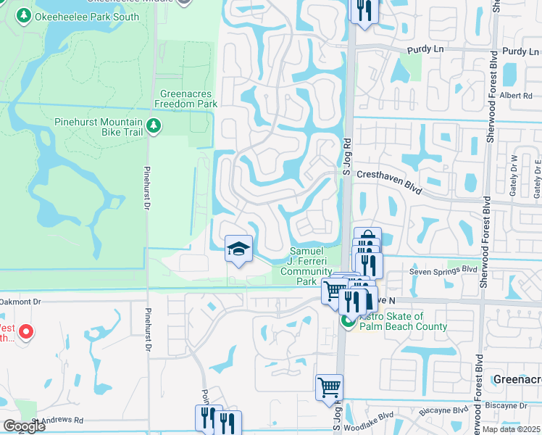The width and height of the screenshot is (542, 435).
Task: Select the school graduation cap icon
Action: (x=238, y=249)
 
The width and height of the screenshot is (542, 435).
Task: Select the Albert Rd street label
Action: (x=516, y=95)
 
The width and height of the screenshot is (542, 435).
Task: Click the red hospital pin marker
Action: (x=26, y=332)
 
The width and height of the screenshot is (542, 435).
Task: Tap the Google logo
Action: (x=23, y=426)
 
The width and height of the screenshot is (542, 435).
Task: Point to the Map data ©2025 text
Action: (x=511, y=429)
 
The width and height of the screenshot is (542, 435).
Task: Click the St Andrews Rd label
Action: (x=57, y=420)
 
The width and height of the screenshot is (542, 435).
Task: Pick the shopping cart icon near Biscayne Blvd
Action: (x=329, y=387)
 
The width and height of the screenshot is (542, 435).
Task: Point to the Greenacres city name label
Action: (x=517, y=379)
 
